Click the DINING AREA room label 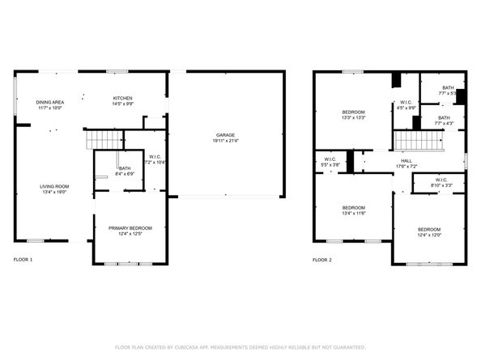click(49, 103)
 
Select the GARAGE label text click(226, 135)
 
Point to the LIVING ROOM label click(54, 187)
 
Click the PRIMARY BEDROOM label click(130, 229)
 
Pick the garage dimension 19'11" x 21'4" click(226, 141)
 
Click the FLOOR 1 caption click(23, 260)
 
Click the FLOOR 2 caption click(321, 260)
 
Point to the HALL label click(406, 160)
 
